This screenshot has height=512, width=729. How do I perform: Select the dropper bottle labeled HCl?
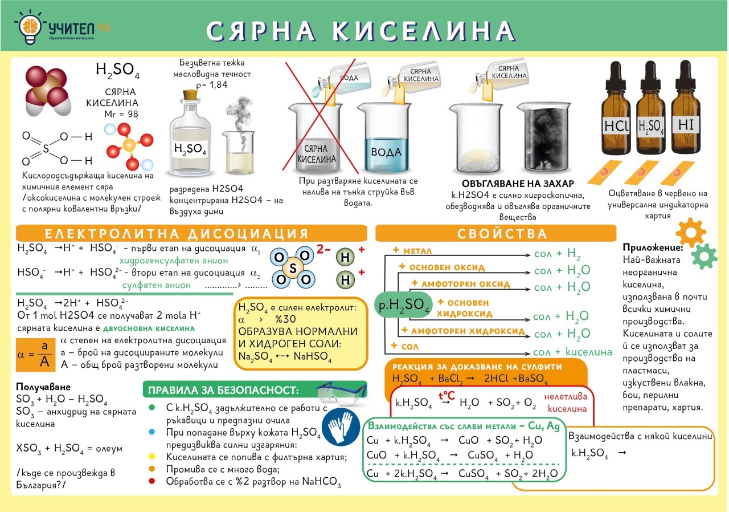pos(616,108)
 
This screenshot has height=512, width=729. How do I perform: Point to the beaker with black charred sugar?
pos(544,137)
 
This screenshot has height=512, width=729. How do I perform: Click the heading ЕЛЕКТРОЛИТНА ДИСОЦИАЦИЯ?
pos(177,234)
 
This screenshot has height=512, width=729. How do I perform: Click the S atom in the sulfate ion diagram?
pos(293,268)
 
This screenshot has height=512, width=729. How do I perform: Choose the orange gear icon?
pos(691,232)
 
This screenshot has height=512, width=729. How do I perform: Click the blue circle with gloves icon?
pos(341,427)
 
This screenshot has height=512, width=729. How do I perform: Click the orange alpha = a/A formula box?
pos(35,355)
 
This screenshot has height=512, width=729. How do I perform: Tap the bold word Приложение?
pos(653,247)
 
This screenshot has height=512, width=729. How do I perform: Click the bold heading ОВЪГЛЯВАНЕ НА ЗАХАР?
pos(518,184)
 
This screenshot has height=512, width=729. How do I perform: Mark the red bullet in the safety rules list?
pos(151,481)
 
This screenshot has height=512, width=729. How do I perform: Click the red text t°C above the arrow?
pos(446,395)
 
